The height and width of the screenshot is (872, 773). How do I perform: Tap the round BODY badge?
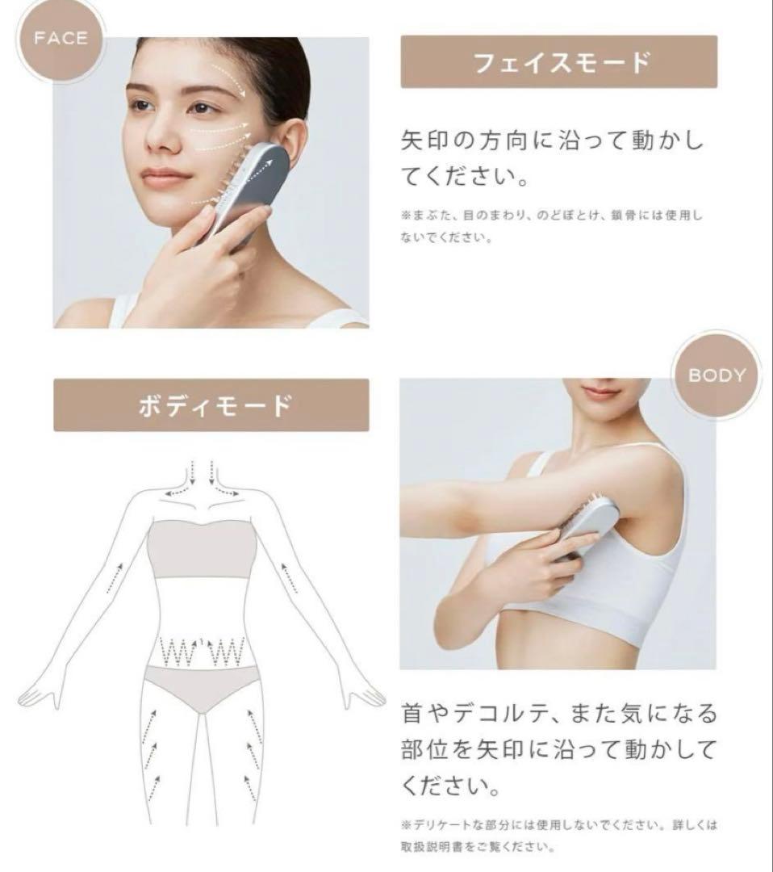coord(716,375)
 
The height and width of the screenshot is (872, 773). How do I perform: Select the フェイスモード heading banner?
coord(558,61)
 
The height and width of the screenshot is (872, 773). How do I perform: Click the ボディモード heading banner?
coord(211,405)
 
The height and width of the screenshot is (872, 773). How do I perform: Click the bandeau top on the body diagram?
coord(202,550)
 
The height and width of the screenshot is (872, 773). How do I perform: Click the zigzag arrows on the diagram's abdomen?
coord(202,649)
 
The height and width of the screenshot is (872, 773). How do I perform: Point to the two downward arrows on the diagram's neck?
coord(201,470)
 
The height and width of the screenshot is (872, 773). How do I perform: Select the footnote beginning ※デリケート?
coord(558,836)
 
